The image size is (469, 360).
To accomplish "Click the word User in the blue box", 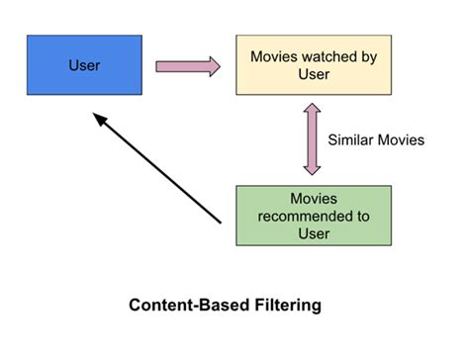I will click(x=84, y=65).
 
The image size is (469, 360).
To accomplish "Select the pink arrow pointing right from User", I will click(x=187, y=66).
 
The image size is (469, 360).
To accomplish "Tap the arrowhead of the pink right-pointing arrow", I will click(x=212, y=66).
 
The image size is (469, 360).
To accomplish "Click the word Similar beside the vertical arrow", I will click(x=351, y=140).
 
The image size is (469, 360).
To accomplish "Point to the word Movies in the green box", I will click(x=314, y=199).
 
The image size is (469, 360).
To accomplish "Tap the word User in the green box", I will click(x=314, y=234).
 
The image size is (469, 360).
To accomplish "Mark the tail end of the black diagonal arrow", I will click(x=220, y=223).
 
